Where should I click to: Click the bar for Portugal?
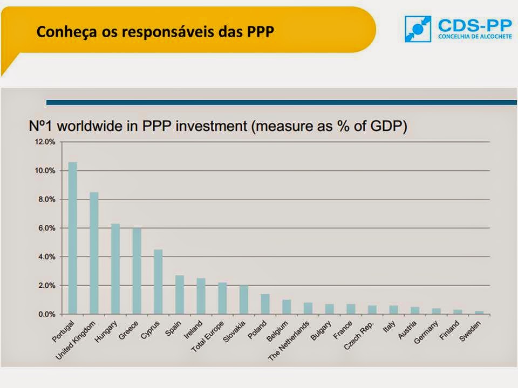click(x=72, y=238)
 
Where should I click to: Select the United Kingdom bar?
click(x=94, y=253)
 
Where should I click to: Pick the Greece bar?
click(x=137, y=271)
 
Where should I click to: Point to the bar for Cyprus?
click(x=158, y=281)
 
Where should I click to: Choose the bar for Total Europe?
click(x=222, y=298)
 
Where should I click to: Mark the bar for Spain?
click(x=180, y=294)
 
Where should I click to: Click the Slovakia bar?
click(x=244, y=300)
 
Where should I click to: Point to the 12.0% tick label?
click(x=45, y=142)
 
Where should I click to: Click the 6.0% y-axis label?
click(x=45, y=228)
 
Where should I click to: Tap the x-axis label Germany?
click(x=426, y=332)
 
